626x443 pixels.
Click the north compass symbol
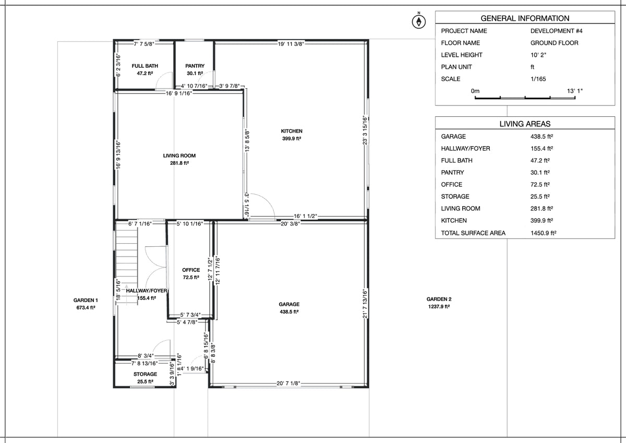coord(418,21)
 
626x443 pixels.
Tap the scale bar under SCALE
coord(525,98)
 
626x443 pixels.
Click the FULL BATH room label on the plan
coord(145,66)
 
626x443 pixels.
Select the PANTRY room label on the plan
coord(195,66)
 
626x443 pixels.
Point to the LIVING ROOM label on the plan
coord(179,155)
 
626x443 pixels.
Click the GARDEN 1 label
coord(86,300)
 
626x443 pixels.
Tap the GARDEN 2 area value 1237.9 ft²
coord(439,307)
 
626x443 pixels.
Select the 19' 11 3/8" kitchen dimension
coord(291,44)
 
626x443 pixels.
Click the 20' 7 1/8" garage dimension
coord(288,384)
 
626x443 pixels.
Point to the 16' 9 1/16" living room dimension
coord(179,93)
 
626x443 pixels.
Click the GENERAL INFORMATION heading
coord(525,18)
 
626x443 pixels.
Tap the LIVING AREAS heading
coord(525,124)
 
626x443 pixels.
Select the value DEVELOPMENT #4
coord(557,31)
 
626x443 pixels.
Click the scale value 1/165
coord(538,79)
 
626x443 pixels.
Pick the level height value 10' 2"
coord(538,55)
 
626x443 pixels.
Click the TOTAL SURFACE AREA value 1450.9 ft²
coord(543,233)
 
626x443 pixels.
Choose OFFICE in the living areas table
coord(452,185)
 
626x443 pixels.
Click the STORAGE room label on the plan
coord(145,374)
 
